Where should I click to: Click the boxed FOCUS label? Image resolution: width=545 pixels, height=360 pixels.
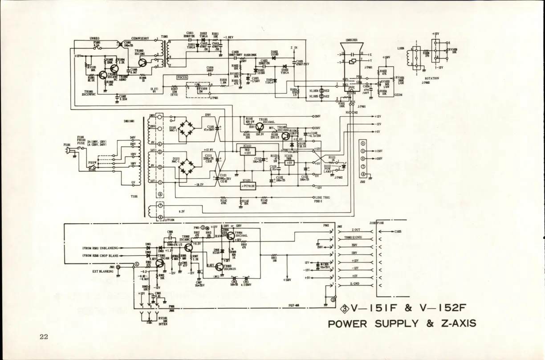click(183, 77)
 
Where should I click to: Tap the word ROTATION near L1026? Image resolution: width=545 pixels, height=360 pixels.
click(431, 78)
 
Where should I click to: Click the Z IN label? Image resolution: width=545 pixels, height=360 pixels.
click(294, 48)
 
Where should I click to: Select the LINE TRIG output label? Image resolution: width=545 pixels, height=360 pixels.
click(322, 197)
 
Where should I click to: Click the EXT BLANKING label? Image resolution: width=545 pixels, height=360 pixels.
click(103, 270)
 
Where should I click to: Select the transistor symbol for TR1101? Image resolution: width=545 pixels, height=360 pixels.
click(260, 127)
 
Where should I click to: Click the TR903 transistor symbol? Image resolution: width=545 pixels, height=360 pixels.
click(219, 266)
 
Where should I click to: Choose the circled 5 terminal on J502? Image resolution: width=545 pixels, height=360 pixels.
click(362, 151)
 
